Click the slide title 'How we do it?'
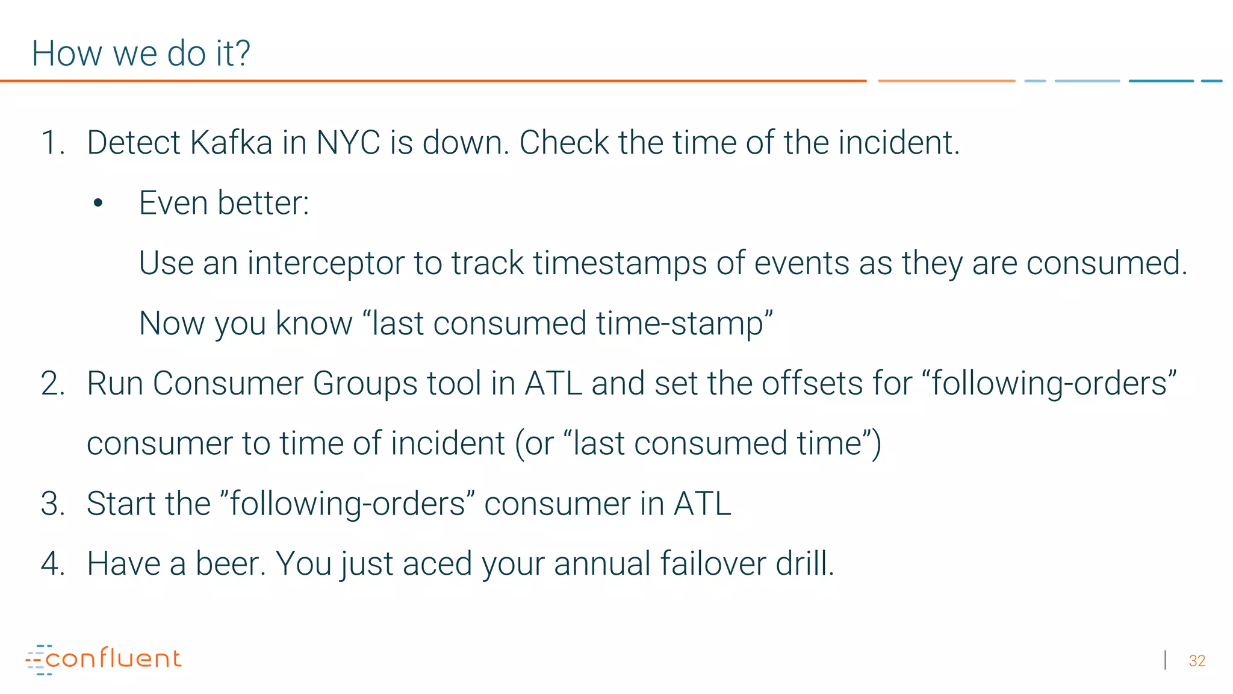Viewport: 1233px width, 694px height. click(141, 53)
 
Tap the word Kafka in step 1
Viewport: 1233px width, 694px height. click(231, 143)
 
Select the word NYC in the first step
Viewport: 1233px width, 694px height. click(349, 143)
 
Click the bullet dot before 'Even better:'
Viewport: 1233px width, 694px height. click(98, 204)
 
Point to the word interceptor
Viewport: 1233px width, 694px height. click(326, 263)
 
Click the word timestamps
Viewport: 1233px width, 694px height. click(620, 263)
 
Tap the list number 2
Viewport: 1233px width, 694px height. click(52, 384)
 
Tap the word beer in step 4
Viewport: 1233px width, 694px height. click(229, 564)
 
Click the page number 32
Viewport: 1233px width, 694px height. click(1197, 661)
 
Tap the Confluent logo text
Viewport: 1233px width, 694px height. click(113, 658)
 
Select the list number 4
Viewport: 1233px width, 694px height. click(52, 564)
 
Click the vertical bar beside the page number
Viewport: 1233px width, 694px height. click(1166, 660)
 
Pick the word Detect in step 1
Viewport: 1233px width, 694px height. click(134, 143)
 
